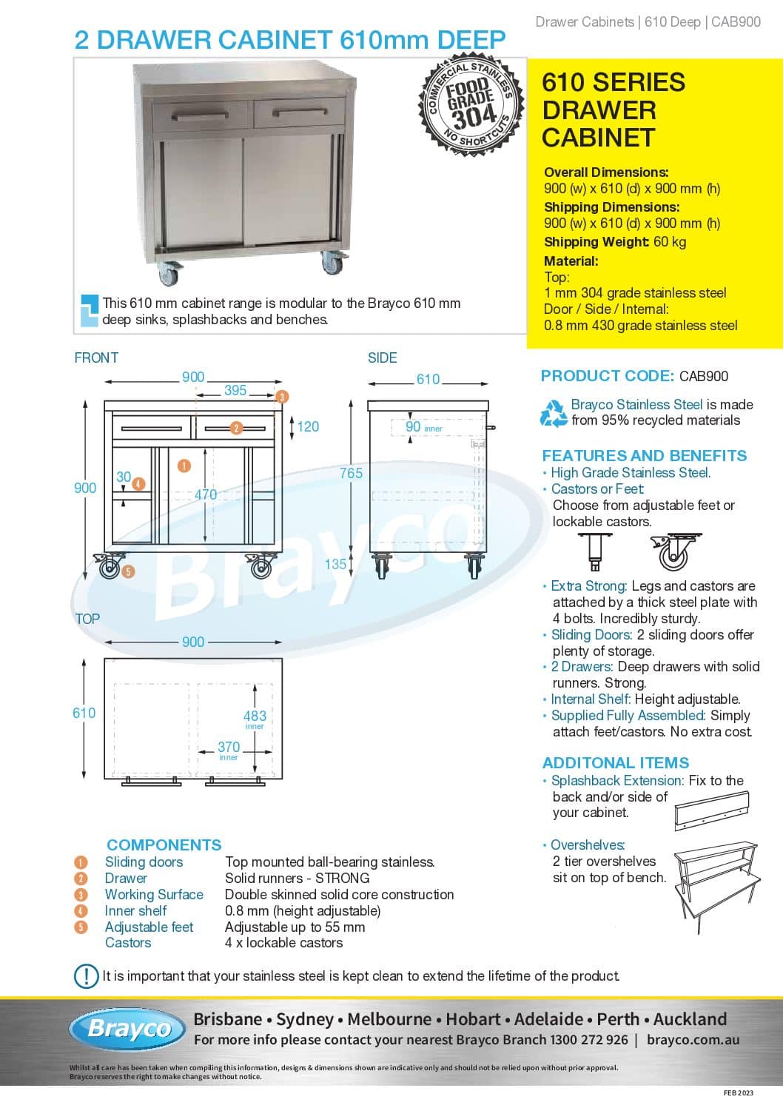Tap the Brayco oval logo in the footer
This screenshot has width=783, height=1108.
(x=127, y=1030)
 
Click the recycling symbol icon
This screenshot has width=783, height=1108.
(x=554, y=414)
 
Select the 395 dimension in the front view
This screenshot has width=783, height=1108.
(x=235, y=390)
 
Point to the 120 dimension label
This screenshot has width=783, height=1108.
(x=308, y=426)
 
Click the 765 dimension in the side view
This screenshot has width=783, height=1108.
(x=352, y=473)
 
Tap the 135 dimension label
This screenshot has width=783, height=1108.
(x=335, y=564)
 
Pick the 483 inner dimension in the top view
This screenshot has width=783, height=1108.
(x=255, y=719)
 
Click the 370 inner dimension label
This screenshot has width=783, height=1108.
(x=229, y=750)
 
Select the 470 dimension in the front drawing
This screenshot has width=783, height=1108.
(x=205, y=494)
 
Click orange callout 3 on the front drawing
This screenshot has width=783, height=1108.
(x=281, y=397)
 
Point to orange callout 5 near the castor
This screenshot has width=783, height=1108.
(x=128, y=572)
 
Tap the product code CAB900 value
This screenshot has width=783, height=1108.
(x=703, y=377)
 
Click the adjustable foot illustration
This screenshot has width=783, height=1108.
(x=595, y=551)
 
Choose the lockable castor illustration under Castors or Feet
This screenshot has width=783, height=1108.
(x=675, y=551)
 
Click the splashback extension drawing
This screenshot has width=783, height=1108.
(x=712, y=810)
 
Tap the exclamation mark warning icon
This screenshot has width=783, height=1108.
(x=86, y=976)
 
